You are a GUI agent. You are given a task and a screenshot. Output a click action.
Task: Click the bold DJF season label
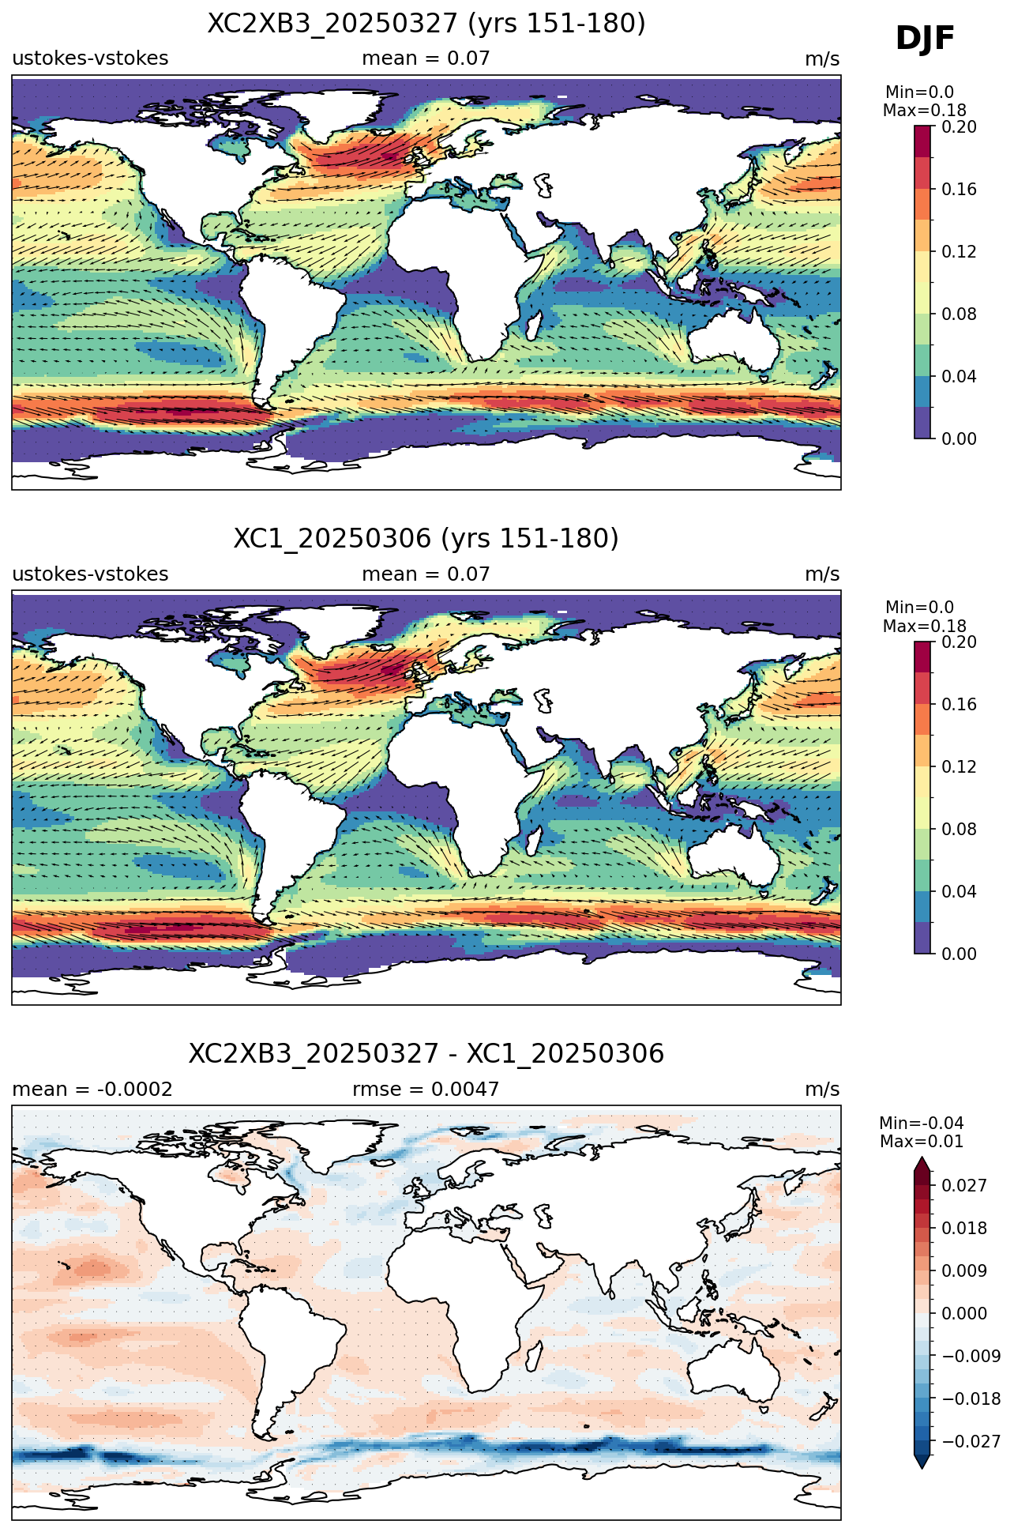coord(925,39)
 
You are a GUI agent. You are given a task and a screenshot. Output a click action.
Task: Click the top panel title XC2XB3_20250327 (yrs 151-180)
coord(426,24)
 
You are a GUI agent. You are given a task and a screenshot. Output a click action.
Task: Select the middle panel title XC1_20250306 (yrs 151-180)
coord(426,539)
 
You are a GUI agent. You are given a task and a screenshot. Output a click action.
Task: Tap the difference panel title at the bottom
coord(426,1054)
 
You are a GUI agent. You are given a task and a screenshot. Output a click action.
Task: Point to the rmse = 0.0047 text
coord(426,1090)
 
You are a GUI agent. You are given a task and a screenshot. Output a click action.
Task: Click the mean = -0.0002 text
coord(92,1090)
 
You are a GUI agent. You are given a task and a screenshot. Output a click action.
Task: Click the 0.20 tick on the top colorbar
coord(959,127)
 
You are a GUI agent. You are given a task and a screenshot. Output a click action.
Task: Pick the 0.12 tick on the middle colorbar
coord(959,766)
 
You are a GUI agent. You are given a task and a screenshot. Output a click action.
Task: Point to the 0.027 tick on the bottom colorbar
coord(964,1185)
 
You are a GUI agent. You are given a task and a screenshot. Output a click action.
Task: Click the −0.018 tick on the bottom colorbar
coord(971,1398)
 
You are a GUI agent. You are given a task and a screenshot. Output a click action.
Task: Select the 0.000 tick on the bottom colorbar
coord(964,1313)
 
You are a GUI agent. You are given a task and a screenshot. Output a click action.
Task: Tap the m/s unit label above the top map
coord(822,59)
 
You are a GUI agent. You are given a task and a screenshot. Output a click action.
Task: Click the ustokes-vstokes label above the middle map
coord(90,574)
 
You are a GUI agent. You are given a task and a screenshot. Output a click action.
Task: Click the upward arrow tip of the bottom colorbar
coord(922,1158)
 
